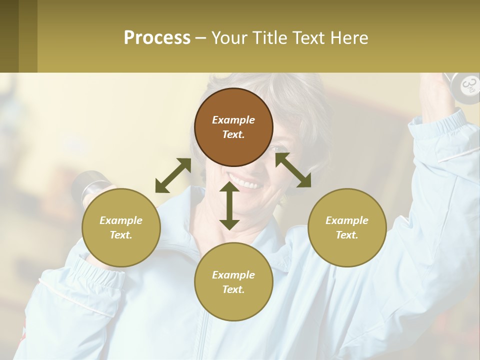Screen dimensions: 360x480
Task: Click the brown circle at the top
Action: coord(233,127)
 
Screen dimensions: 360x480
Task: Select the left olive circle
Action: coord(121,227)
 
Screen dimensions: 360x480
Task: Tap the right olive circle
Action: coord(347,227)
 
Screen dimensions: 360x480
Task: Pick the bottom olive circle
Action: coord(233,282)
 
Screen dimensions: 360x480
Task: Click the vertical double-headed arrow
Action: coord(229,205)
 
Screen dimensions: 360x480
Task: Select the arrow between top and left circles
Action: coord(173,175)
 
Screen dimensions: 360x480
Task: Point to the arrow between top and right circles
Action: coord(293,170)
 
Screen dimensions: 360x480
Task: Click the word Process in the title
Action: coord(157,37)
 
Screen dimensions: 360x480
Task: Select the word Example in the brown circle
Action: coord(233,120)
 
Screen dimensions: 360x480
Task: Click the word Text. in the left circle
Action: coord(121,235)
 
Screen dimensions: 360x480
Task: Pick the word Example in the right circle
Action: coord(347,220)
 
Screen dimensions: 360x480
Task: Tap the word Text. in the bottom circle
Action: coord(233,289)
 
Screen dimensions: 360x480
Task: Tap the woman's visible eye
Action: coord(277,148)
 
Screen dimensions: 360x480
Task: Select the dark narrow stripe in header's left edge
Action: coord(9,36)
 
